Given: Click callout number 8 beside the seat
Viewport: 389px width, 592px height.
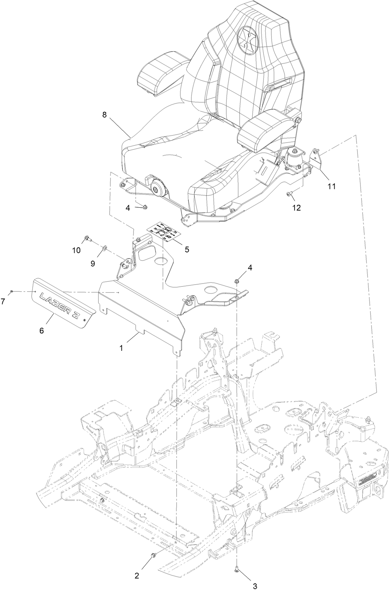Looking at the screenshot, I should click(104, 115).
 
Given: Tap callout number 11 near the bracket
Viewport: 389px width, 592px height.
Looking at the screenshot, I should click(331, 186).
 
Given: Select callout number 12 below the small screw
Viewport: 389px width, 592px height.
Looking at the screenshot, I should click(296, 208).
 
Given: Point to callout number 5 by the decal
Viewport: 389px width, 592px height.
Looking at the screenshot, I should click(187, 249).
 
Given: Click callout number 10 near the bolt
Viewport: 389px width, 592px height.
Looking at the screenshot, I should click(76, 250).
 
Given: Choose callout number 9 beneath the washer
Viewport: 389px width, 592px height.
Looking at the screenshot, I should click(93, 264).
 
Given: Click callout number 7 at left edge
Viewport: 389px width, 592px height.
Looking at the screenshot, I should click(3, 302).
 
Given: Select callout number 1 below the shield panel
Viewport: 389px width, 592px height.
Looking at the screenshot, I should click(121, 348).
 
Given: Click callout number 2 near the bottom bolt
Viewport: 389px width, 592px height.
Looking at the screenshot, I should click(137, 576).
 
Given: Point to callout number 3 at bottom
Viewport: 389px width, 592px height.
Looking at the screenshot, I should click(255, 586).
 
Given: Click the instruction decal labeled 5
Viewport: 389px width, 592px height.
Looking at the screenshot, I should click(164, 233).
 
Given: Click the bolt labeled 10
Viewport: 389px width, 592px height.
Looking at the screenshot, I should click(88, 238).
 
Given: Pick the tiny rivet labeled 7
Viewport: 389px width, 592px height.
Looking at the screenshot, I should click(12, 291).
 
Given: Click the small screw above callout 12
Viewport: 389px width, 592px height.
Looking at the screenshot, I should click(288, 194).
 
